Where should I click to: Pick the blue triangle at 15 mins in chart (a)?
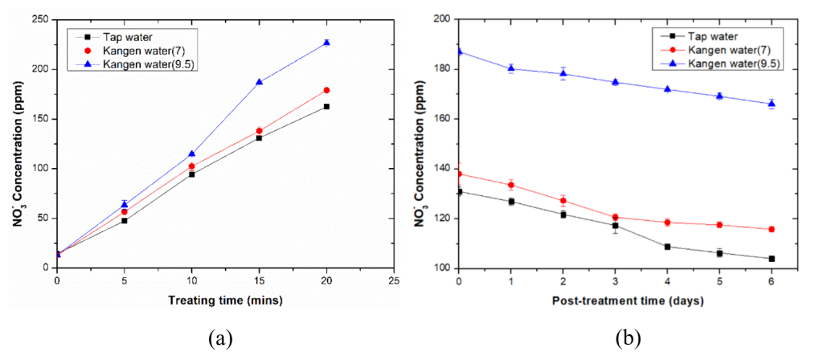click(259, 81)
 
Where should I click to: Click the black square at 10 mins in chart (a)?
click(191, 174)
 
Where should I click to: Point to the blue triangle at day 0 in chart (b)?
click(459, 51)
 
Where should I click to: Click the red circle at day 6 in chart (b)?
click(772, 229)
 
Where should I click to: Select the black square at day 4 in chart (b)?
click(667, 247)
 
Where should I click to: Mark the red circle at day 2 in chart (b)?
click(563, 200)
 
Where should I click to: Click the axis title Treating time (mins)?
click(224, 301)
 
